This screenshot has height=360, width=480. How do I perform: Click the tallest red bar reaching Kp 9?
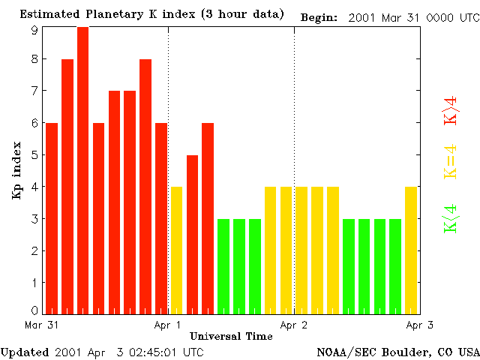83,169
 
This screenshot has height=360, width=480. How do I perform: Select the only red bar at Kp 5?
192,234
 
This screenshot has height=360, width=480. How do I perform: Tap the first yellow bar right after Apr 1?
177,250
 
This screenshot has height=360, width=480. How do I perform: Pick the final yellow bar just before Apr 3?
411,250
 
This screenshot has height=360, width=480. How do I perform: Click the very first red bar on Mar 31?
52,217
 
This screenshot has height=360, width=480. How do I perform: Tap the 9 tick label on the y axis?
34,29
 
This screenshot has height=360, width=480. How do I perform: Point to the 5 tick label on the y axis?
34,155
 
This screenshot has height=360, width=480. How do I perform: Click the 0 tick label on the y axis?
34,310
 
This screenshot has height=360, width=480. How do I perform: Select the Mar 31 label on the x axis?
42,325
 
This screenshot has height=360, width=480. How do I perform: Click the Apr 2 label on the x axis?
294,325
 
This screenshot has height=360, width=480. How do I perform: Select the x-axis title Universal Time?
231,336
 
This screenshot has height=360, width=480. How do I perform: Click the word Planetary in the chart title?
98,15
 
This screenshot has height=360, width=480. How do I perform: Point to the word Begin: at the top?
319,16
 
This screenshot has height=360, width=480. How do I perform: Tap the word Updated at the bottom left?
25,352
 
